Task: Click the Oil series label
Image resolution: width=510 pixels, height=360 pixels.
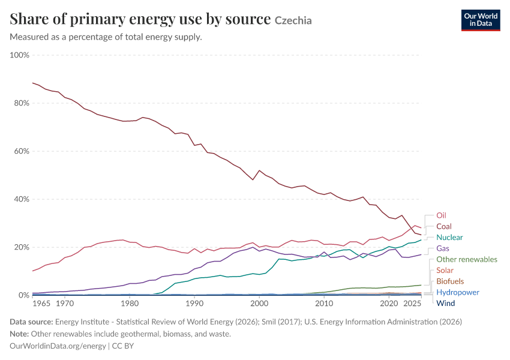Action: tap(441, 215)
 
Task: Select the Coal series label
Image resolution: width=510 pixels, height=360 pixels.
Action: tap(443, 226)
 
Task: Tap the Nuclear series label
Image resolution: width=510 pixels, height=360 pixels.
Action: tap(449, 238)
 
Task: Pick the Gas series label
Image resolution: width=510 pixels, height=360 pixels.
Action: tap(443, 248)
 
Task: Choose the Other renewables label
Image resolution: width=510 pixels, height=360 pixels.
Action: tap(467, 260)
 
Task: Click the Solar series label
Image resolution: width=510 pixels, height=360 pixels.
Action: tap(445, 271)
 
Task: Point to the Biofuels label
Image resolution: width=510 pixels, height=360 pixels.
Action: tap(450, 281)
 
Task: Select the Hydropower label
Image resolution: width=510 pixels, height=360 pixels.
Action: tap(458, 292)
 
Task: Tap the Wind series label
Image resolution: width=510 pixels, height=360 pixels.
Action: tap(446, 304)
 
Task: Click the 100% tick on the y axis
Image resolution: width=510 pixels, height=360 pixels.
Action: tap(20, 55)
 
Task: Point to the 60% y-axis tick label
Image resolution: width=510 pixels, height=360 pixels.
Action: tap(21, 151)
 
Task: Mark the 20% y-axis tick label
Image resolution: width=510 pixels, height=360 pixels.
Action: tap(21, 247)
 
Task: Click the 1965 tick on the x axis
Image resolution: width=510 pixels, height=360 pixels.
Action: tap(41, 304)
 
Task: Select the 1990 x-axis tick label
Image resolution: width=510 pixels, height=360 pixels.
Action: tap(194, 304)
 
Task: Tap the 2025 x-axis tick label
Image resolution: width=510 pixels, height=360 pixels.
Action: tap(412, 304)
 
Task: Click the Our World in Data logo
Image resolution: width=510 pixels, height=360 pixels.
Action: tap(481, 20)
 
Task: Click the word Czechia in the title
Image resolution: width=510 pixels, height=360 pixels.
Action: tap(293, 20)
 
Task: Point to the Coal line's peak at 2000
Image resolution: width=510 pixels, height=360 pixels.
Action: tap(259, 170)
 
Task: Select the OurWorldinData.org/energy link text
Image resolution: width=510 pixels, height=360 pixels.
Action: tap(58, 346)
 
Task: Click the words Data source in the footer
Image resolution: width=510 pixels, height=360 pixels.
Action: tap(31, 322)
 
